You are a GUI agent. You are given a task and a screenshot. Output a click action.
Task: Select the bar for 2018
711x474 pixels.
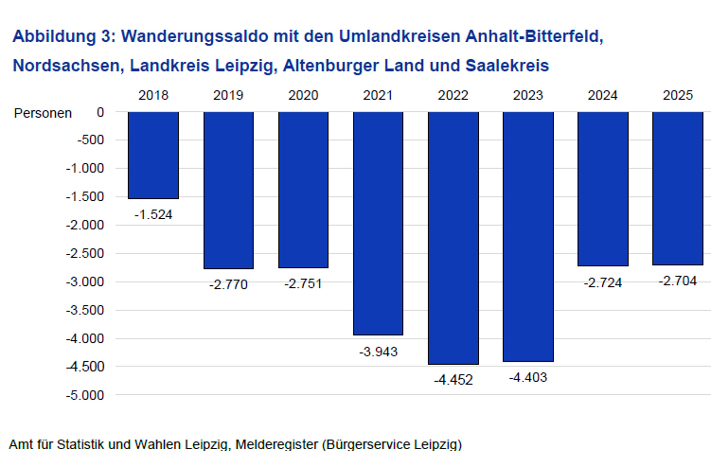point(153,155)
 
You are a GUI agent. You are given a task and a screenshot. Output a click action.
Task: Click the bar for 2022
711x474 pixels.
point(453,238)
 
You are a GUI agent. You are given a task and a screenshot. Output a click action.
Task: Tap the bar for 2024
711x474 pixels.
point(603,189)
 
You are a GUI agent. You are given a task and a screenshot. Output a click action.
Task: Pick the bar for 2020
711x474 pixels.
point(303,190)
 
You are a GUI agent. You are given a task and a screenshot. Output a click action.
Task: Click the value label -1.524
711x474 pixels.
point(153,215)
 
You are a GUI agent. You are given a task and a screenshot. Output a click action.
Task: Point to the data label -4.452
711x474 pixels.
point(453,380)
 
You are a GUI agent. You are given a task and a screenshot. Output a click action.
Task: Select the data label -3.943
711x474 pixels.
point(378,352)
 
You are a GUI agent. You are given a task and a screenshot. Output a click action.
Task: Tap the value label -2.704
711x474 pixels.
point(678,281)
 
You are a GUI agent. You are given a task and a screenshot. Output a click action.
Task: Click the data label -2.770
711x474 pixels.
point(228,285)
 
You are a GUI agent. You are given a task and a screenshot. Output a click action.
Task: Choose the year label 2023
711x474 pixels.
point(528,95)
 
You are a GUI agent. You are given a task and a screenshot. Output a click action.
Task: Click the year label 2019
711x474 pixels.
point(228,95)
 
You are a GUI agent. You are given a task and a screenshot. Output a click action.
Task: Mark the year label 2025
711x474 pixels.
point(678,95)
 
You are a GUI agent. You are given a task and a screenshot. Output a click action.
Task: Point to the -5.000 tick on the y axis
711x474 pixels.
point(85,395)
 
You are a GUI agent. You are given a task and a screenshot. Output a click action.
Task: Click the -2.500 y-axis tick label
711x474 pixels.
point(85,253)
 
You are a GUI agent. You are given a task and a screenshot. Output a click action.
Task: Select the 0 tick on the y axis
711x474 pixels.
point(100,112)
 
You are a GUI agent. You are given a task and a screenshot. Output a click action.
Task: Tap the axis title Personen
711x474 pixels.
point(43,113)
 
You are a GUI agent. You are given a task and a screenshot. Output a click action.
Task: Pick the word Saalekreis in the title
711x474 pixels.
point(507,66)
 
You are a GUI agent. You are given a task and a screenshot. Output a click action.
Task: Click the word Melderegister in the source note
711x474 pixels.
point(276,445)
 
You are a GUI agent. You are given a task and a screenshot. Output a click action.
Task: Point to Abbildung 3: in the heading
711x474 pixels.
point(64,36)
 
